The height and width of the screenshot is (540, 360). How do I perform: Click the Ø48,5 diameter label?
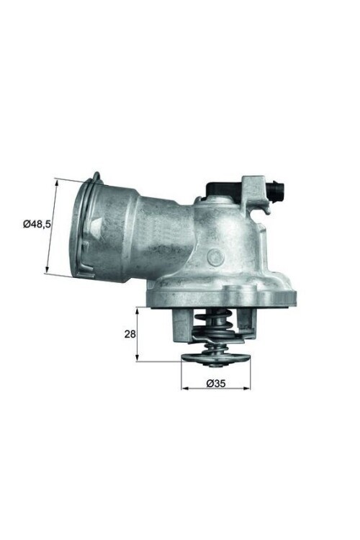tap(36, 225)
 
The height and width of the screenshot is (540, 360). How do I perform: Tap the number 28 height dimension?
tap(130, 335)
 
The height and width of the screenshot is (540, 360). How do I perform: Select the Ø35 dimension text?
tap(217, 382)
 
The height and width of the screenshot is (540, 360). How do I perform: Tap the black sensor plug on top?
tap(220, 189)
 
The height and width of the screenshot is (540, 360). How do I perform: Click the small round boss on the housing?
tap(214, 256)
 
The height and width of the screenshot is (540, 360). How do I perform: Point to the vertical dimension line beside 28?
tap(138, 335)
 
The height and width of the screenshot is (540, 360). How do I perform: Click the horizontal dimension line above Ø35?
tap(216, 388)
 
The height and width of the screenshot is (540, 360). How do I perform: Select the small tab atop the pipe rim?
tap(96, 176)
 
